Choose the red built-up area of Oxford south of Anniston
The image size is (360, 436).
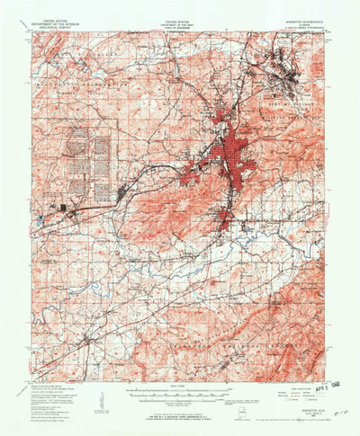click(x=224, y=218)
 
